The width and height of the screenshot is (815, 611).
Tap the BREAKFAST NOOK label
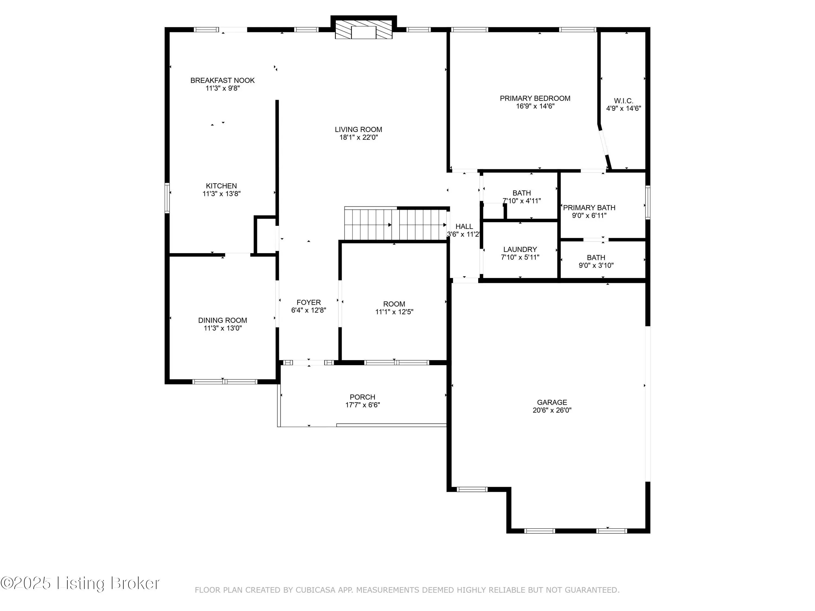pyautogui.click(x=222, y=80)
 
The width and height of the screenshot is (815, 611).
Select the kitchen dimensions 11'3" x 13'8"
pyautogui.click(x=221, y=194)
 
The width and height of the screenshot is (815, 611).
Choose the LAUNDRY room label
pyautogui.click(x=520, y=249)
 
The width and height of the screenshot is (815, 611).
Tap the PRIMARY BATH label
pyautogui.click(x=589, y=208)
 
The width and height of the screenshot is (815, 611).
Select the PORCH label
pyautogui.click(x=363, y=397)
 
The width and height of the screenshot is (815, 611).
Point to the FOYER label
pyautogui.click(x=309, y=302)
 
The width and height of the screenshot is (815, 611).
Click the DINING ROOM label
pyautogui.click(x=222, y=320)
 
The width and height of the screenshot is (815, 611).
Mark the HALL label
pyautogui.click(x=464, y=226)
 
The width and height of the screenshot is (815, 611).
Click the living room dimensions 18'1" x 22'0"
pyautogui.click(x=359, y=137)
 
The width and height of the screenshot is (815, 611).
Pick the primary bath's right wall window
pyautogui.click(x=648, y=203)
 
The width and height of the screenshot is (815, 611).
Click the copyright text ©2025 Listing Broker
pyautogui.click(x=80, y=583)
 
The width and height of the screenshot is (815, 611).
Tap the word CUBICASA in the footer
pyautogui.click(x=315, y=590)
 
